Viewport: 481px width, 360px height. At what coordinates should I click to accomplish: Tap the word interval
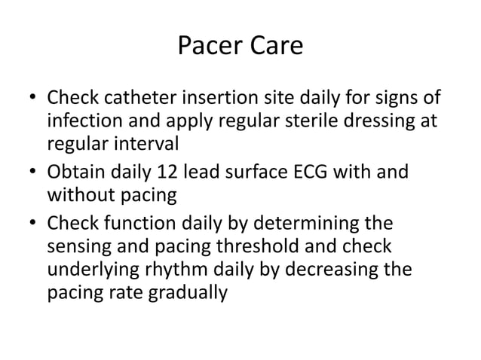click(147, 143)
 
